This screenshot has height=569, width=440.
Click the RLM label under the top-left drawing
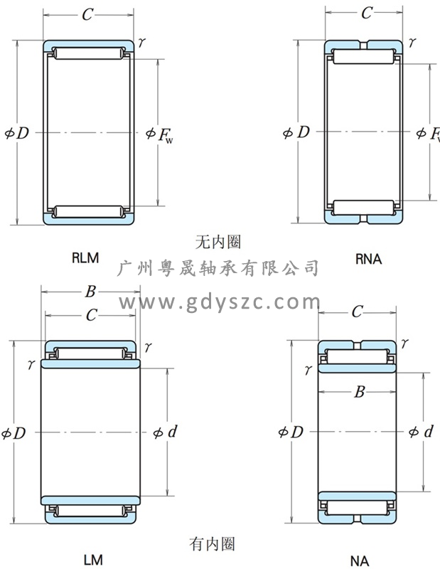(x=85, y=258)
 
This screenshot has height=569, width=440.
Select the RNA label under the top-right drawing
(x=368, y=259)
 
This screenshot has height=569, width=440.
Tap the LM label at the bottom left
(x=93, y=560)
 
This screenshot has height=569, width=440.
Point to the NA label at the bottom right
(x=360, y=561)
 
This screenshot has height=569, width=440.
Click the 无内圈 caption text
(x=218, y=242)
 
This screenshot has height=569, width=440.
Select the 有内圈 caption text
(x=212, y=544)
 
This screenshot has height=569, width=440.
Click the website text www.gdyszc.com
(x=220, y=302)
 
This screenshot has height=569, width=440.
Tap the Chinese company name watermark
(x=218, y=268)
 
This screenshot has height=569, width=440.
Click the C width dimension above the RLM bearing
(x=87, y=15)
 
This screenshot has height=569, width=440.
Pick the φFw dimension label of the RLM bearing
(x=160, y=134)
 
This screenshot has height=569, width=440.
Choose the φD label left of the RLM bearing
(x=16, y=133)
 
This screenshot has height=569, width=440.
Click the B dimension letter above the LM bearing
(x=90, y=291)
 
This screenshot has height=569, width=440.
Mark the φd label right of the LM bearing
(x=165, y=432)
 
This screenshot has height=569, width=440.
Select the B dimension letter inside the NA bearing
(x=360, y=392)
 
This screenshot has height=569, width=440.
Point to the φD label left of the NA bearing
(x=291, y=432)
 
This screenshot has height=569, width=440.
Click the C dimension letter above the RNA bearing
(x=367, y=13)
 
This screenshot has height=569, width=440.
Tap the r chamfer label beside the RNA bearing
(x=412, y=43)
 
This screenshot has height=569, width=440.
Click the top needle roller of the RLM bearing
(x=89, y=53)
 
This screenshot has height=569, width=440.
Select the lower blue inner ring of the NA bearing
(x=357, y=496)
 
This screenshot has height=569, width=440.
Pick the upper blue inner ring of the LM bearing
(x=90, y=363)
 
